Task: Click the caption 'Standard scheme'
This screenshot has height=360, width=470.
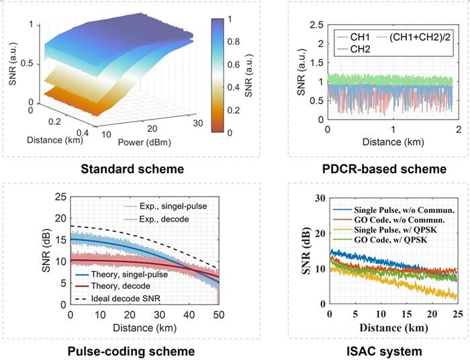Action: (130, 167)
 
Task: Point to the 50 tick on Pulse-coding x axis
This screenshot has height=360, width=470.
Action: (219, 314)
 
